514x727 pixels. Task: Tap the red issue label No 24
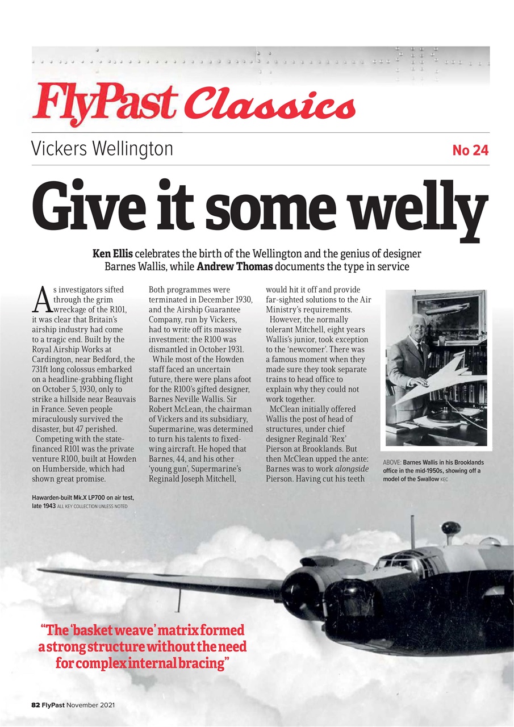click(470, 151)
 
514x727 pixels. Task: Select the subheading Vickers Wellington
click(102, 149)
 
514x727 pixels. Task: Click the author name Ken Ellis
click(112, 253)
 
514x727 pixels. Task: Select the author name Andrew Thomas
click(232, 265)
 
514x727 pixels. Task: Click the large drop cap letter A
click(41, 300)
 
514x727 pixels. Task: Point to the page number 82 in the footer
click(35, 704)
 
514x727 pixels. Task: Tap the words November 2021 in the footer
click(91, 704)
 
